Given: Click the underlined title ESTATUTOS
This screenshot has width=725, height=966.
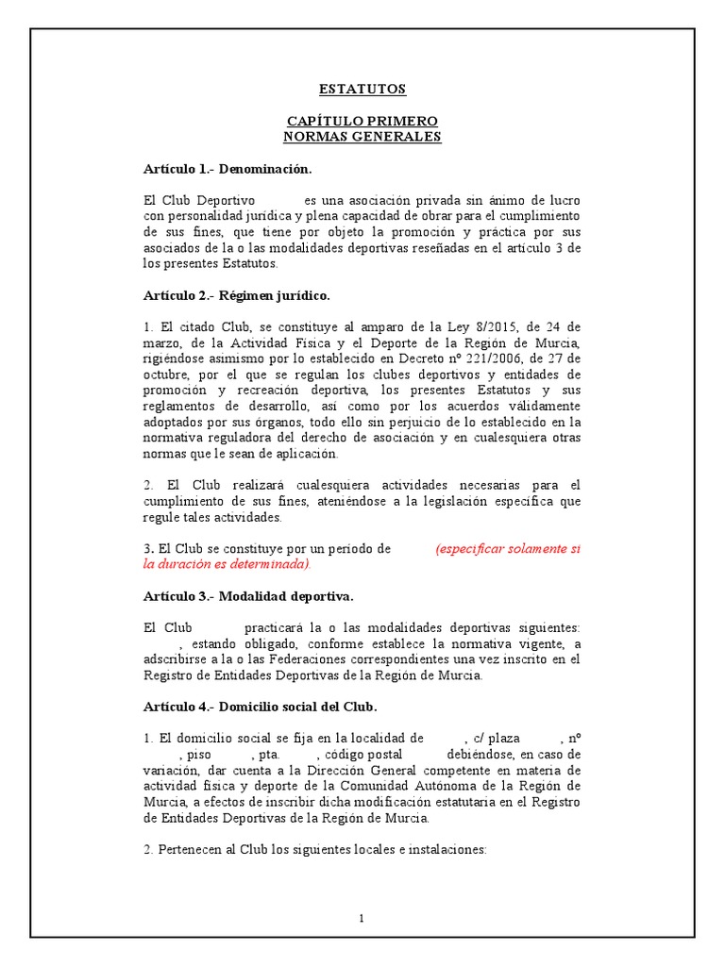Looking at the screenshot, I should [x=362, y=90].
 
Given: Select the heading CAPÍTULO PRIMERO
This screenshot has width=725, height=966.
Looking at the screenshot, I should [x=362, y=123].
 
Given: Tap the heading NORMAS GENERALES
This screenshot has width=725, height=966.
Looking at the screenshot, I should [x=362, y=137].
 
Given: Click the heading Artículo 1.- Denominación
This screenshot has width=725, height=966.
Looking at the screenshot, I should [x=227, y=169].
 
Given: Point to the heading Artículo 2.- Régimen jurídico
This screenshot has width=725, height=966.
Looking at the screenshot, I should [x=237, y=296].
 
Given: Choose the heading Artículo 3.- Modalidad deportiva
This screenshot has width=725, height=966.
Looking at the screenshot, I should [x=248, y=596].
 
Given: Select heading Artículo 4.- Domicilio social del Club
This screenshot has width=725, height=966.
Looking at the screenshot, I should [x=260, y=707].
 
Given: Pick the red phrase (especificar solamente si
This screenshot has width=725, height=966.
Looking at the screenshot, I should [x=508, y=549].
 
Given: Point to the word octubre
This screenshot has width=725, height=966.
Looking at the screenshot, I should [x=167, y=375].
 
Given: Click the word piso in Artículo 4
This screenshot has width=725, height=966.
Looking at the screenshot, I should [x=203, y=755].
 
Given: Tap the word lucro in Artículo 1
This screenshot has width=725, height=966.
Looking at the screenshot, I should [x=565, y=200].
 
